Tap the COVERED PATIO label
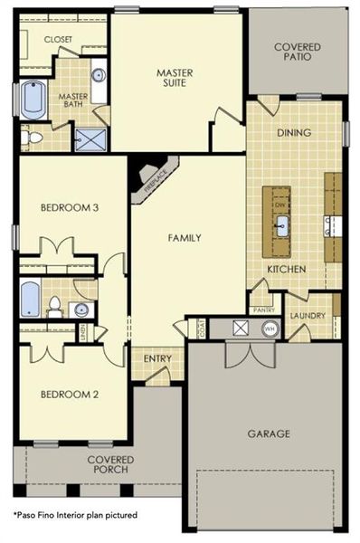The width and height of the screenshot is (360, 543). click(x=293, y=50)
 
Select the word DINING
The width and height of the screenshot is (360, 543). click(x=294, y=133)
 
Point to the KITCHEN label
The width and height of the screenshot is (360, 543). click(x=285, y=270)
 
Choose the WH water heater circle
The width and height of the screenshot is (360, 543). click(x=268, y=329)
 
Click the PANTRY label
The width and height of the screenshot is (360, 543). click(x=264, y=310)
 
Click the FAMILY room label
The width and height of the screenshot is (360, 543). click(x=184, y=238)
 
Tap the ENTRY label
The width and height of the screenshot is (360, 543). click(x=157, y=359)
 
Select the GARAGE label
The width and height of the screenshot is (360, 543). click(x=269, y=433)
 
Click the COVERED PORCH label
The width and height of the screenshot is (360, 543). click(x=108, y=464)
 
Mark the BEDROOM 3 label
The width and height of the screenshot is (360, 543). click(x=69, y=207)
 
